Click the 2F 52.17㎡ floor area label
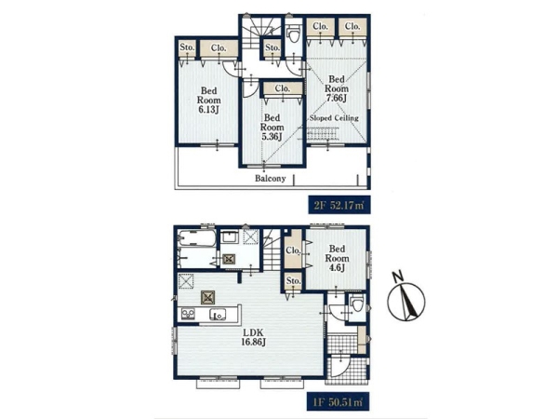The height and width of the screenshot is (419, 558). point(339,205)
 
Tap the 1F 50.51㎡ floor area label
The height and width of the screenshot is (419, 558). point(339,402)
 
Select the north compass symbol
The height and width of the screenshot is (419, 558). point(405,297)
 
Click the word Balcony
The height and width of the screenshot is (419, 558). point(271,179)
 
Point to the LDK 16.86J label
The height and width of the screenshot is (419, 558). point(253,337)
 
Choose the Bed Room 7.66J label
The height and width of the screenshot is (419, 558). point(337,88)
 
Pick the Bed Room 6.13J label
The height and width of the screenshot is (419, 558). point(208,101)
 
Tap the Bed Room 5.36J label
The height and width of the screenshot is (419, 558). point(272,128)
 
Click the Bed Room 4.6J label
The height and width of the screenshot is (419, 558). point(337,258)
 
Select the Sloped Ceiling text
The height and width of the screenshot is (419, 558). point(334,118)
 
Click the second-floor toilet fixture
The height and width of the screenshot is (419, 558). point(294,34)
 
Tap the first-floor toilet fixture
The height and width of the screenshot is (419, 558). point(356,304)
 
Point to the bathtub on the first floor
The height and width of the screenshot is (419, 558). point(197,238)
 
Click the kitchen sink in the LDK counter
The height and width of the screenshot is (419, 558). point(217,315)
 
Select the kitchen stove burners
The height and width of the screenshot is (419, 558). point(188,314)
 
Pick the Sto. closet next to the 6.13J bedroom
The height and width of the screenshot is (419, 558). point(187,47)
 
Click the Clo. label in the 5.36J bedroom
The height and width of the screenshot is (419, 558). point(283,88)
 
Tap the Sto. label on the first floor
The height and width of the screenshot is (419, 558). point(293,281)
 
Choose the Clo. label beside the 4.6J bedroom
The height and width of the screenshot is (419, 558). point(293,250)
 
